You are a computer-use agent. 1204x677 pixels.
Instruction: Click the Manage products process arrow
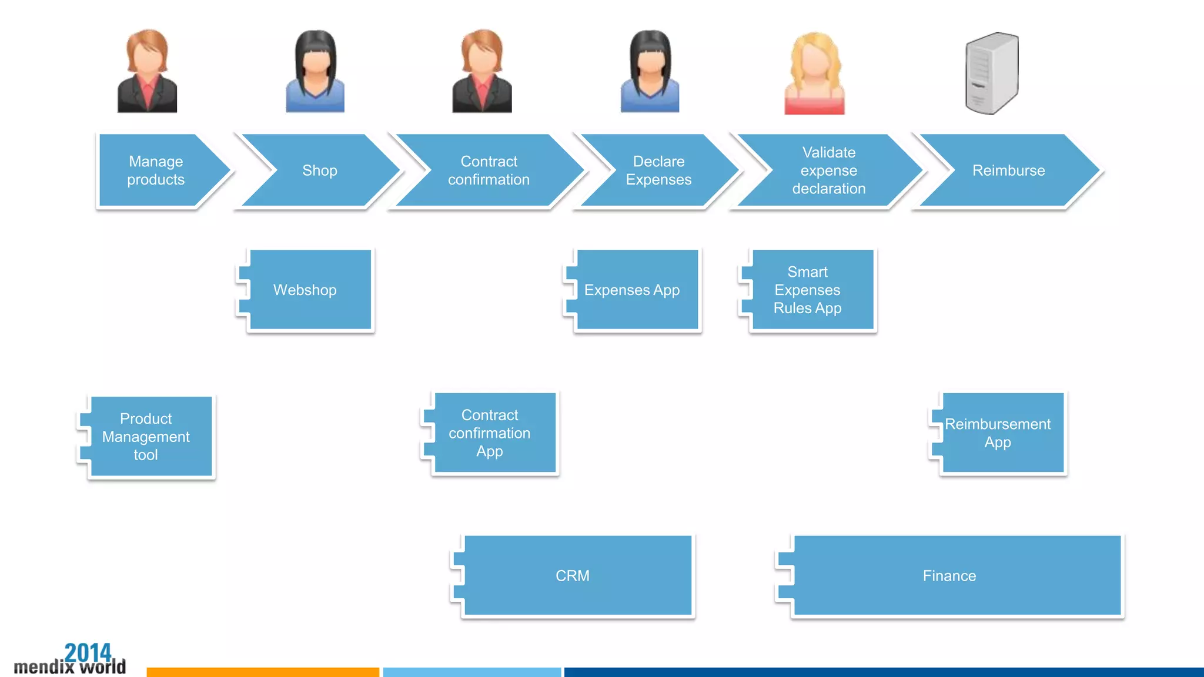click(156, 170)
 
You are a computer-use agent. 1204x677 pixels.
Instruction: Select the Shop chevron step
click(320, 170)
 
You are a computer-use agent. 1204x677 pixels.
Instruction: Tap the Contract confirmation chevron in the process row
click(489, 170)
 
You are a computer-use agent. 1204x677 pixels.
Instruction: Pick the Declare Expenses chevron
click(658, 170)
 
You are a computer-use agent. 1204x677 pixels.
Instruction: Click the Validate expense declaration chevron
click(829, 170)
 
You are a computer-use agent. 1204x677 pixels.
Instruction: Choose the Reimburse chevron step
click(1008, 170)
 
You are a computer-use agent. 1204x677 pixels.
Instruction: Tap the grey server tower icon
click(992, 73)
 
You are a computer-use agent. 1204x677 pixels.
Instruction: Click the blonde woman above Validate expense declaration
click(815, 73)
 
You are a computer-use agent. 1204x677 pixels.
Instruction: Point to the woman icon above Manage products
click(147, 72)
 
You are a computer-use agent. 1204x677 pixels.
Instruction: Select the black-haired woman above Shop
click(315, 72)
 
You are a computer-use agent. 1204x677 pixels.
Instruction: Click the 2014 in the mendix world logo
click(88, 652)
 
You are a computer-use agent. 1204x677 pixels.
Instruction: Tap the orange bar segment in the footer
click(263, 672)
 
